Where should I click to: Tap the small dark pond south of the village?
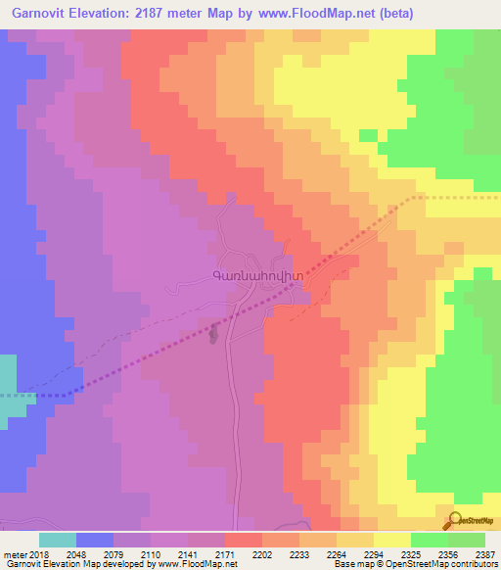click(214, 335)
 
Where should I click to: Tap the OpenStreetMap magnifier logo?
click(452, 521)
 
